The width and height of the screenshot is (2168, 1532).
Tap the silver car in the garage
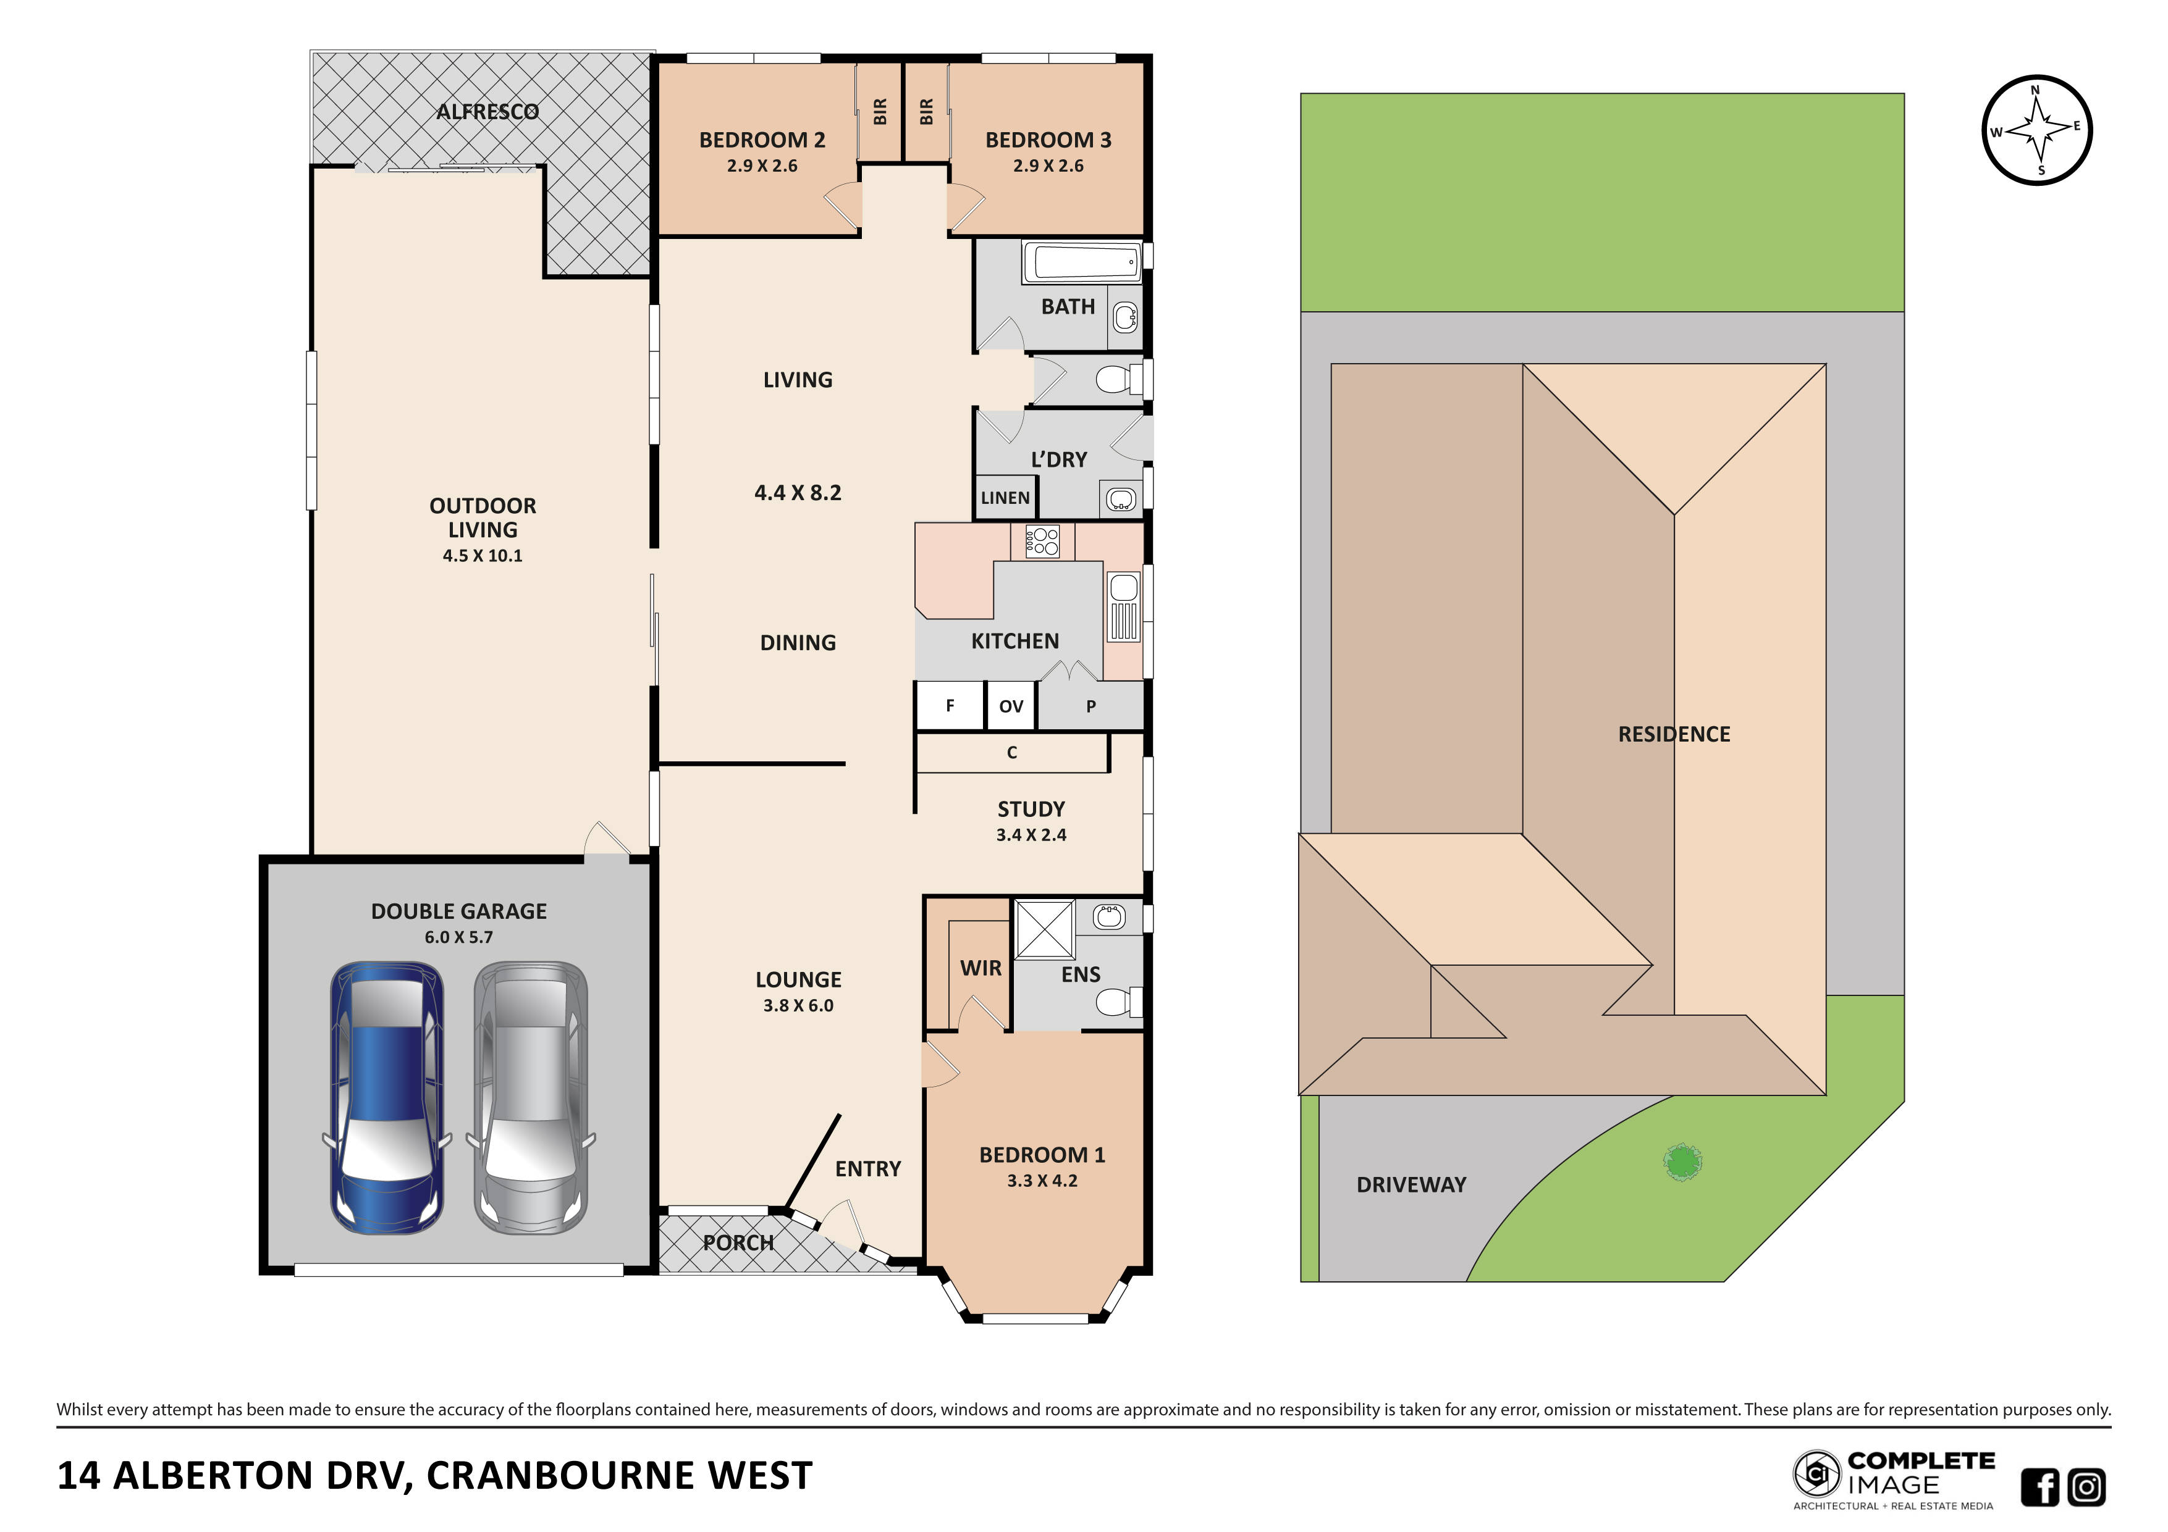tap(531, 1098)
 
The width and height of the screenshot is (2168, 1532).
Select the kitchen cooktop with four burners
tap(1042, 542)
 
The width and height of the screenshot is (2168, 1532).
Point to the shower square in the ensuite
tap(1044, 930)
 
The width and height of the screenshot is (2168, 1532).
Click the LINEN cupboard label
tap(1005, 498)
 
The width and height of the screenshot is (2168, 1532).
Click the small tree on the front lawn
tap(1682, 1162)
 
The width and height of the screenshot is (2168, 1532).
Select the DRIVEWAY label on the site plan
tap(1411, 1184)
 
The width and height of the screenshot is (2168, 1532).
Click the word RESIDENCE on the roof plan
tap(1673, 734)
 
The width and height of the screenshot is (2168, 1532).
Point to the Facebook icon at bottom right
tap(2039, 1487)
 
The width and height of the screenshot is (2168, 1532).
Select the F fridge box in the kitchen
tap(950, 705)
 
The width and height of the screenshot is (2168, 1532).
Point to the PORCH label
tap(738, 1242)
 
